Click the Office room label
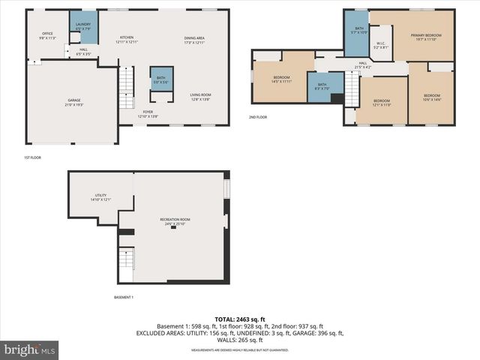[46, 35]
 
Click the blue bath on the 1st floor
[161, 79]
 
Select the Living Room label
[200, 96]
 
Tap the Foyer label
[148, 115]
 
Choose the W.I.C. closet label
[381, 46]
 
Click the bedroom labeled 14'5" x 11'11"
[282, 79]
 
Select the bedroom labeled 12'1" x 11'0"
[382, 102]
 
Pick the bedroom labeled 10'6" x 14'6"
[431, 97]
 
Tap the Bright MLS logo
[30, 349]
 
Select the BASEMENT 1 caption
[123, 298]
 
